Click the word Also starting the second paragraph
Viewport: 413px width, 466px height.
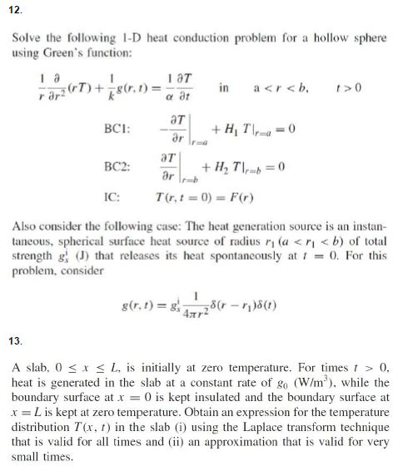(x=27, y=227)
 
